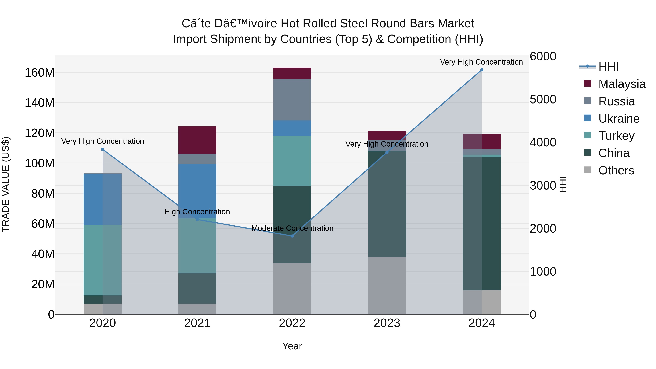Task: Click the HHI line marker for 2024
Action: [482, 70]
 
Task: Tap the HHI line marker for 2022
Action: [292, 236]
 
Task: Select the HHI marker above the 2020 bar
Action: [103, 149]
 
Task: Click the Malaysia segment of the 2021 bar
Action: [197, 140]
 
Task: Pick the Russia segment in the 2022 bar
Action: [292, 99]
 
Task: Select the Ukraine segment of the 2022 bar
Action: [292, 128]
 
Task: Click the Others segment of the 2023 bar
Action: [387, 285]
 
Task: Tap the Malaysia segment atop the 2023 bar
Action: [387, 135]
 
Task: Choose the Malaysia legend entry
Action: [622, 84]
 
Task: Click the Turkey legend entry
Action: [616, 136]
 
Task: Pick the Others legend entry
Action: [616, 170]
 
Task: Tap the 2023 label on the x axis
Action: [387, 323]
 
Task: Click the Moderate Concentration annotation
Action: [292, 228]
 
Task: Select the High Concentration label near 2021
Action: [197, 212]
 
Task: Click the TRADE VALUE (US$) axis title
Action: [6, 184]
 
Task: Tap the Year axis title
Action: [292, 346]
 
